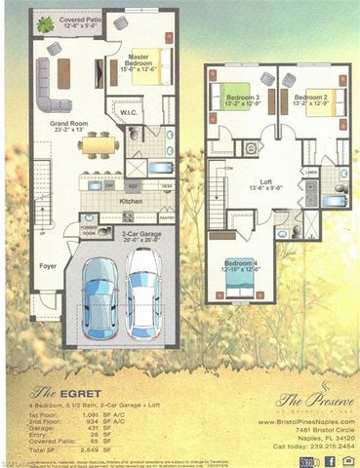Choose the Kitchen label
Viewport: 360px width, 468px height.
(x=130, y=202)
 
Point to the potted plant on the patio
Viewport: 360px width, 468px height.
(x=43, y=21)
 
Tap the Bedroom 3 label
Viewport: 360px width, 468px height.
(x=243, y=100)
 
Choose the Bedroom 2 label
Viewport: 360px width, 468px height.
(x=311, y=99)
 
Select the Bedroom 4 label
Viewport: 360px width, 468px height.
(x=241, y=266)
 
